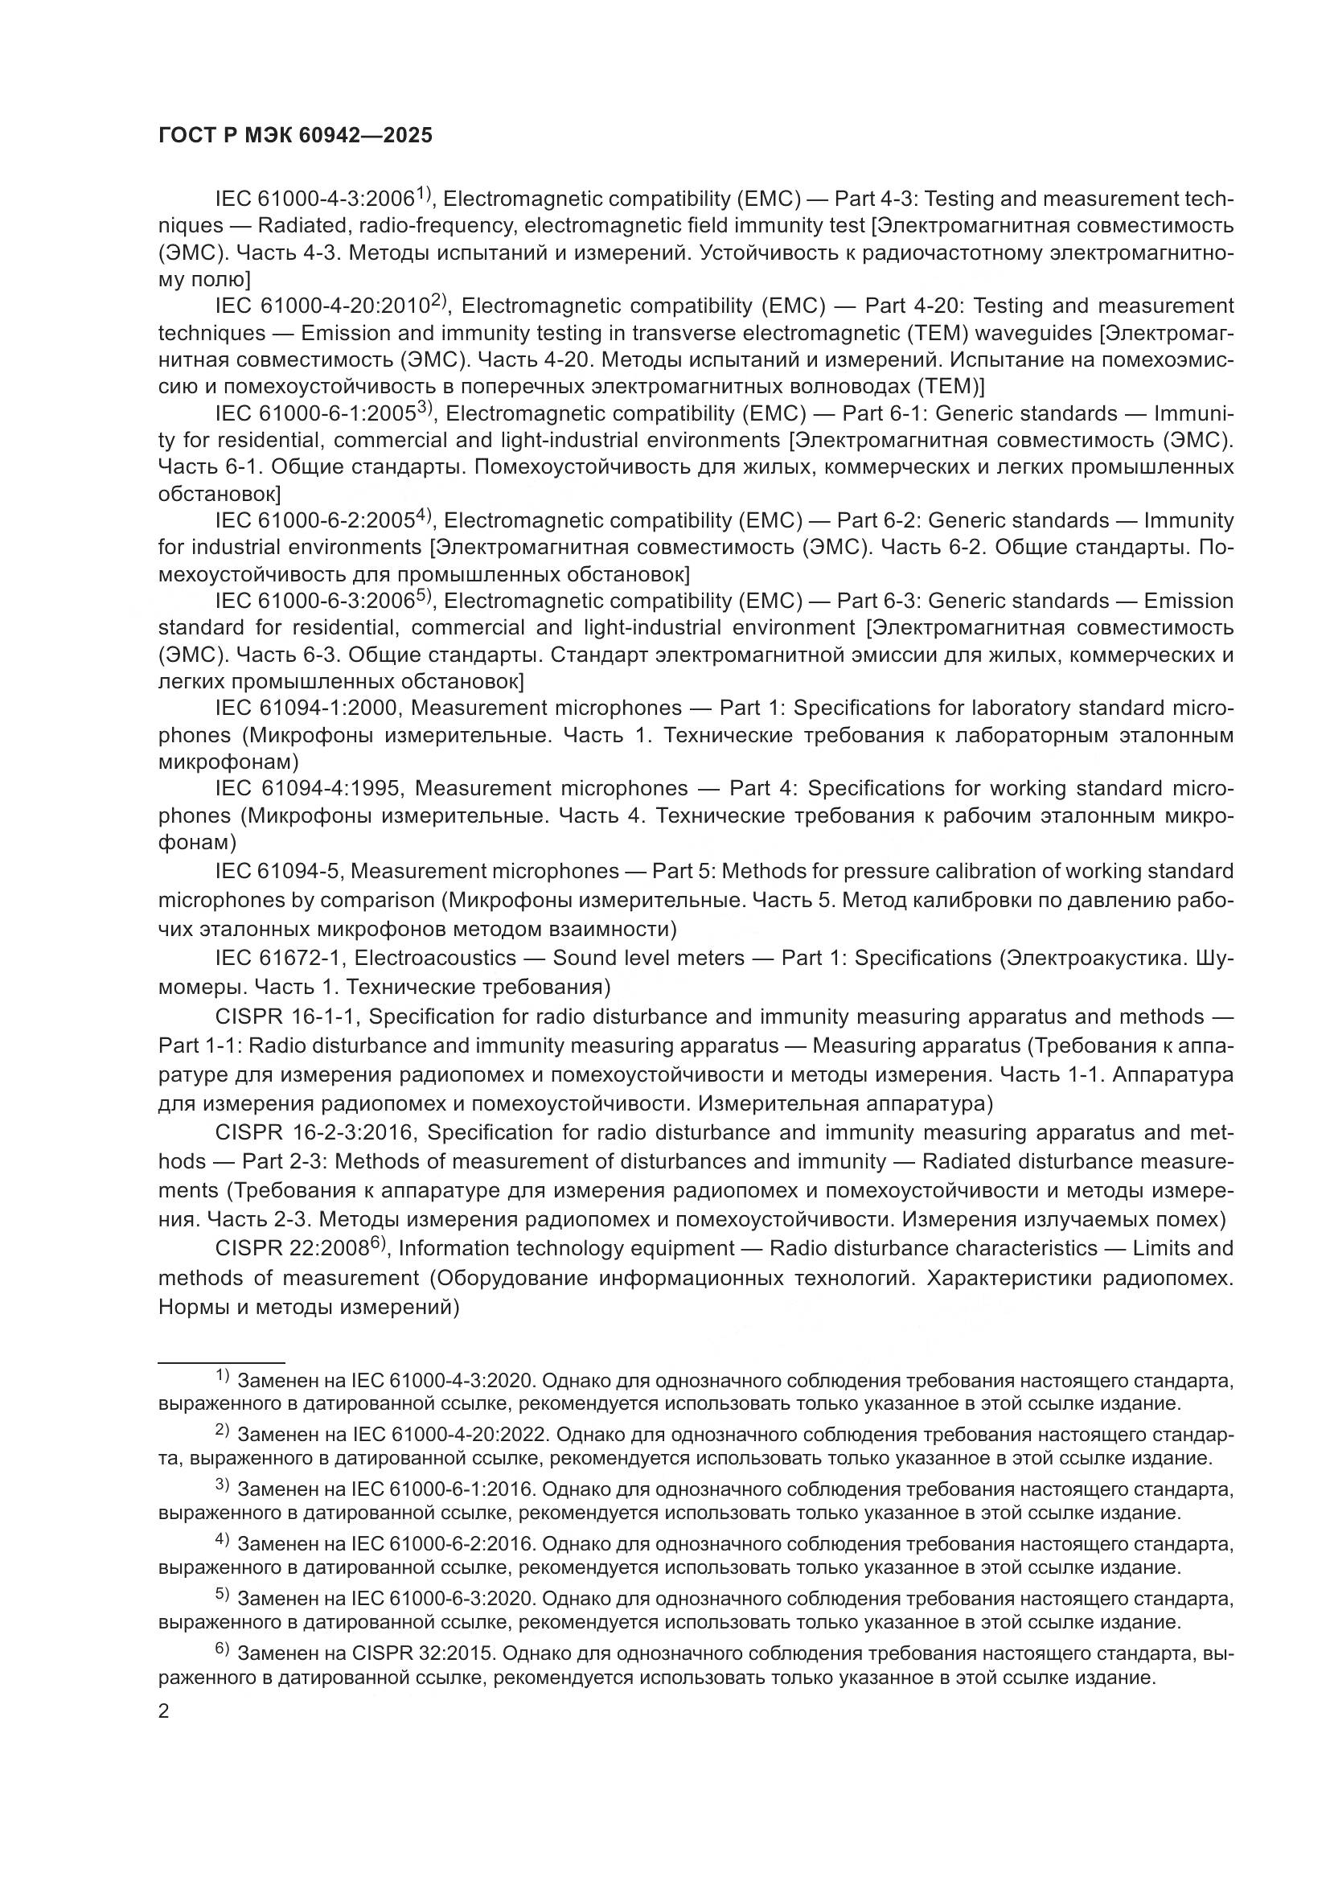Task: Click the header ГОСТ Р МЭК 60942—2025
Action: (295, 136)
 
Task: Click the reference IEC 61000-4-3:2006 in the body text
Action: (314, 199)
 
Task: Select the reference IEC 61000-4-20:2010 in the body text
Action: (322, 306)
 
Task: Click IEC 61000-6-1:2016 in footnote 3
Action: (442, 1490)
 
